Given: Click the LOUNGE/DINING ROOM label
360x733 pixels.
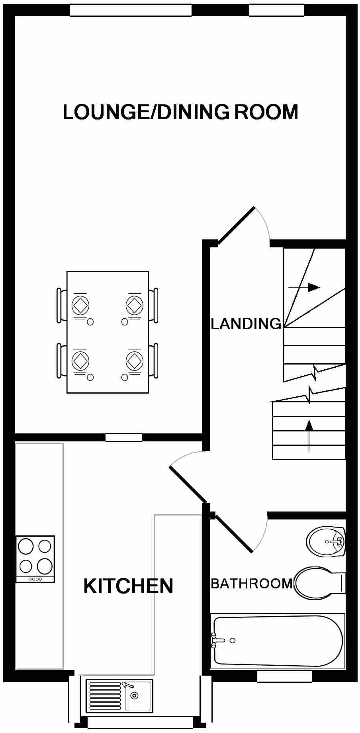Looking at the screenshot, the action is pyautogui.click(x=180, y=112).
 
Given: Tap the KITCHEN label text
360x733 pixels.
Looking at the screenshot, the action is pyautogui.click(x=128, y=586).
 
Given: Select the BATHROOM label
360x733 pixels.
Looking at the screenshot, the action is pyautogui.click(x=251, y=584).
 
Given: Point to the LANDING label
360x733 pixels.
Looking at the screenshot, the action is pyautogui.click(x=246, y=323).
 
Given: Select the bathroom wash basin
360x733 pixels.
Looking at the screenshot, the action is pyautogui.click(x=326, y=542).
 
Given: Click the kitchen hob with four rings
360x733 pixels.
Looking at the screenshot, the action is pyautogui.click(x=35, y=559).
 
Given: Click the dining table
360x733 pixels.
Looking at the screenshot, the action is pyautogui.click(x=108, y=332).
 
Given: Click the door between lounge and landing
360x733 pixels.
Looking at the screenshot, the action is pyautogui.click(x=236, y=225).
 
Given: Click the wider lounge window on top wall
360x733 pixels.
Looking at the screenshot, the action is pyautogui.click(x=130, y=10).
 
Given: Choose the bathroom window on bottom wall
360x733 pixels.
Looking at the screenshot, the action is pyautogui.click(x=284, y=676).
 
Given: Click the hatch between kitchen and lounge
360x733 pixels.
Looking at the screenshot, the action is pyautogui.click(x=124, y=437).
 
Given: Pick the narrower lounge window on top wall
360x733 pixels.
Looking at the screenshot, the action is pyautogui.click(x=276, y=10).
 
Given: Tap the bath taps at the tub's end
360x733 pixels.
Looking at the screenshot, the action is pyautogui.click(x=215, y=640).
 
